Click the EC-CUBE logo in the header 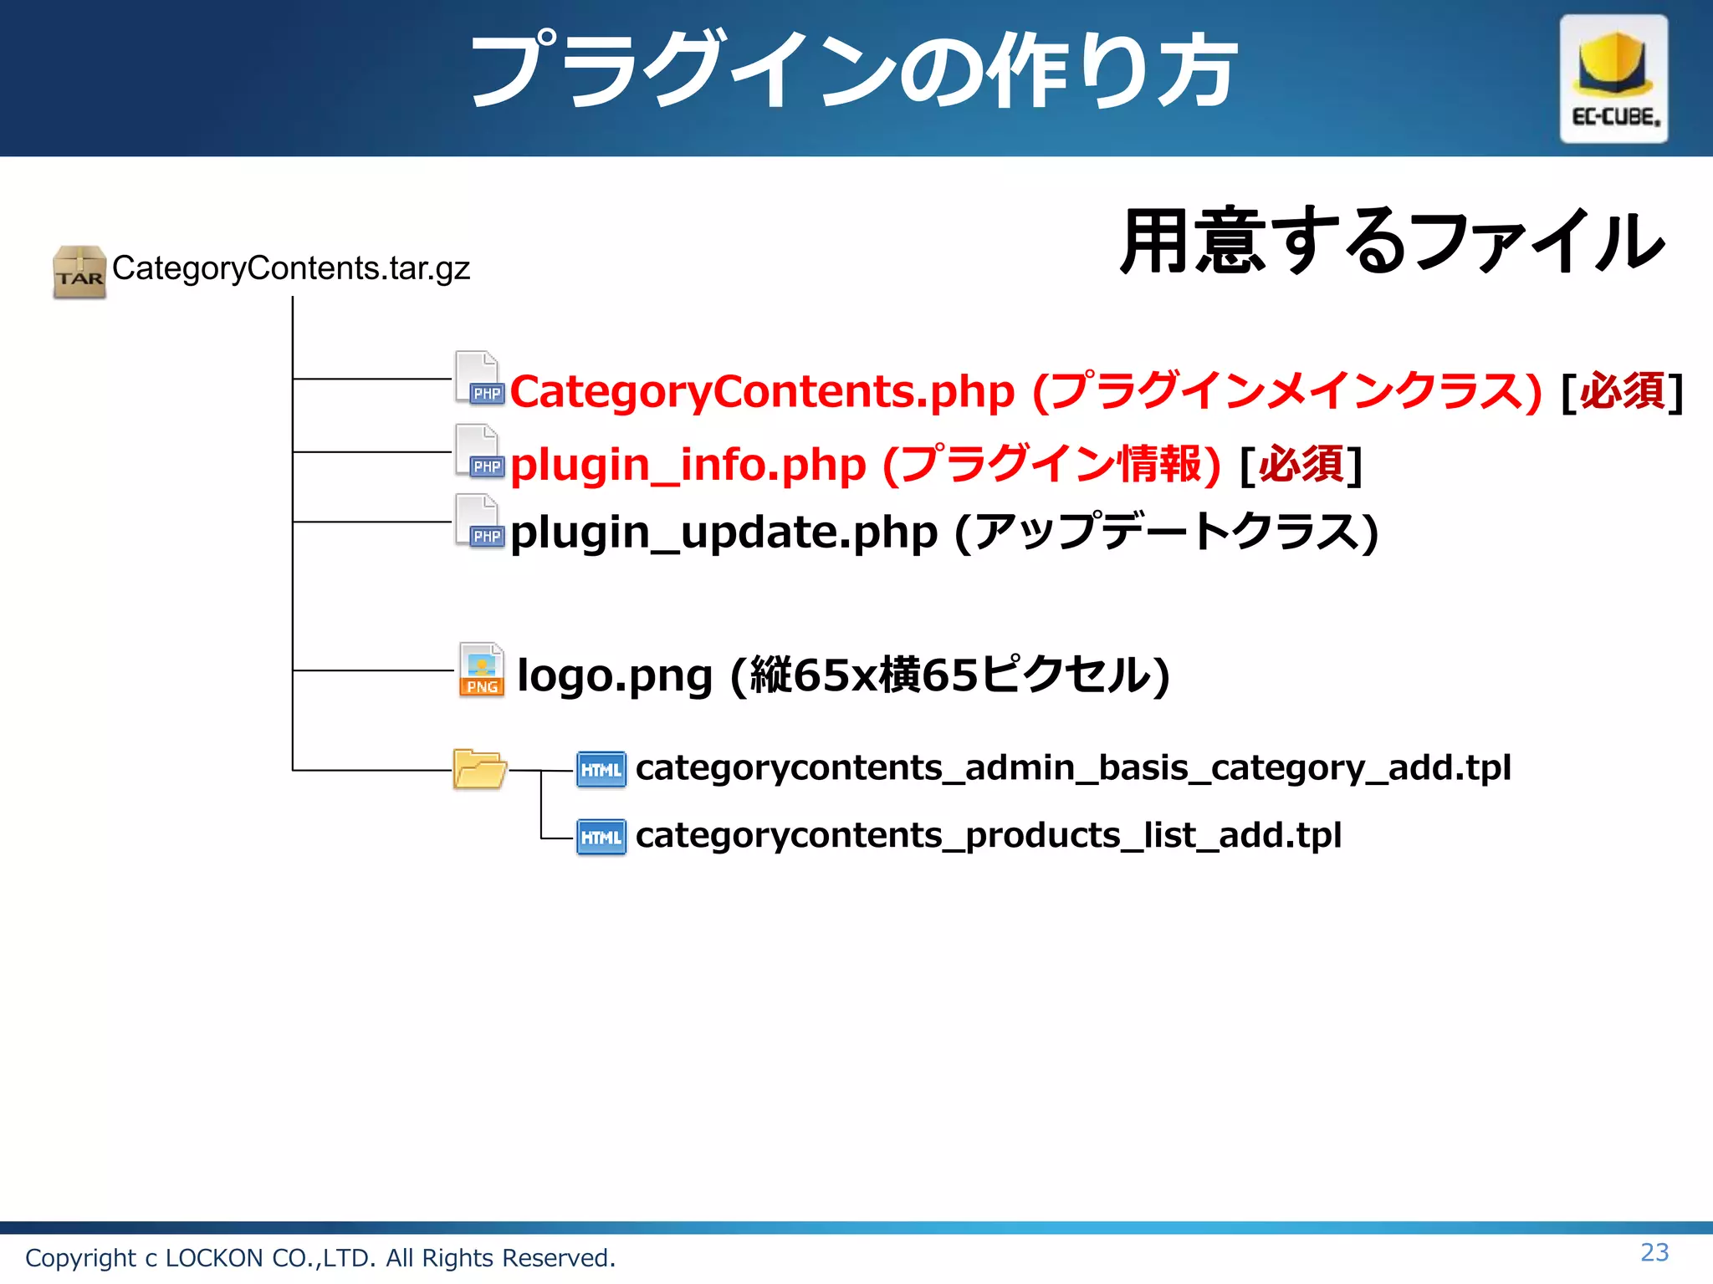tap(1613, 79)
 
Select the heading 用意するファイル tap(1392, 242)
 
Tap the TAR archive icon tap(79, 272)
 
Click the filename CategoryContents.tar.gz tap(291, 268)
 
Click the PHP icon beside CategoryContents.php tap(480, 379)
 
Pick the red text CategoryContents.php tap(762, 392)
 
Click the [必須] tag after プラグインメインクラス tap(1621, 392)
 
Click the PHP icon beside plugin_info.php tap(480, 451)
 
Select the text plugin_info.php tap(688, 465)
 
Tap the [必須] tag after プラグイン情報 tap(1301, 465)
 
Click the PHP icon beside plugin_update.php tap(480, 522)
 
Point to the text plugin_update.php tap(724, 533)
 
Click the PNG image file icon tap(482, 670)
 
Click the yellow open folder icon tap(479, 769)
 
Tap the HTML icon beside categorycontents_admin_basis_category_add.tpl tap(601, 769)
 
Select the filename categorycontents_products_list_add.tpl tap(988, 835)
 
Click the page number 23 tap(1654, 1252)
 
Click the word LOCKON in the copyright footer tap(214, 1258)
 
